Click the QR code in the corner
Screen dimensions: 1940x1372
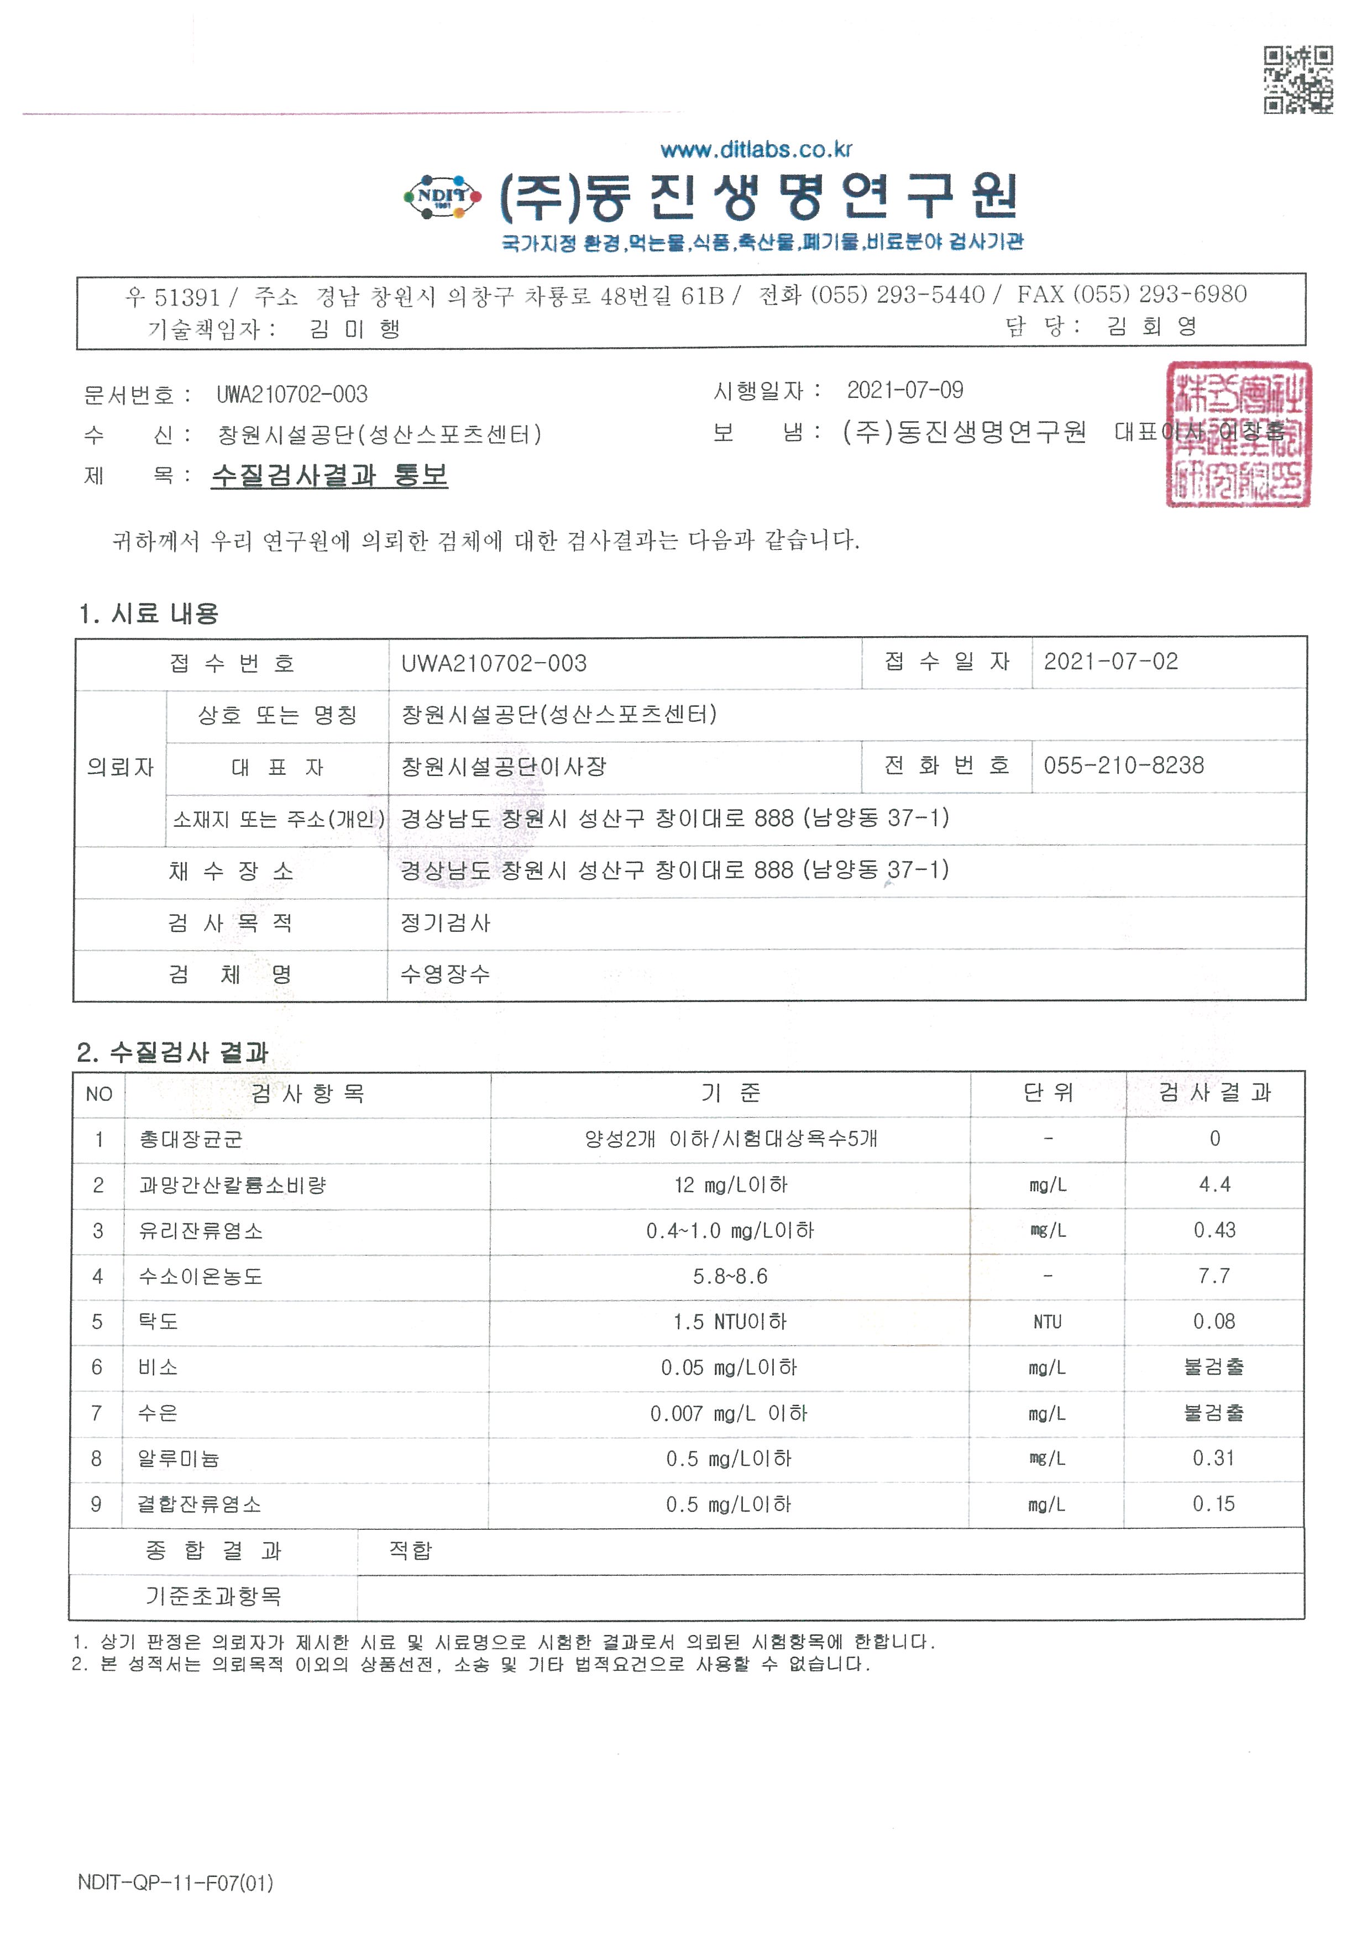tap(1298, 80)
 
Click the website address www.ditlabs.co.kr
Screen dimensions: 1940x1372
tap(756, 150)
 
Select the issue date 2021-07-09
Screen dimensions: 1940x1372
tap(905, 390)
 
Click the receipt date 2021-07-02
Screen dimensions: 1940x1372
tap(1110, 662)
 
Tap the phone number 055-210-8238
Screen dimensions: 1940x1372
tap(1124, 765)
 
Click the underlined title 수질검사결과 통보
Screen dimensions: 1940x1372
tap(329, 476)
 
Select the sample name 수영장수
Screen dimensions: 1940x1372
tap(445, 974)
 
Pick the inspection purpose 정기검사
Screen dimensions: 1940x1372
tap(445, 922)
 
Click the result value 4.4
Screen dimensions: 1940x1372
tap(1214, 1184)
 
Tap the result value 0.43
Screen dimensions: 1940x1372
tap(1214, 1230)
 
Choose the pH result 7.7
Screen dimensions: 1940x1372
tap(1214, 1276)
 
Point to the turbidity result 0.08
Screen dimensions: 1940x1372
tap(1214, 1322)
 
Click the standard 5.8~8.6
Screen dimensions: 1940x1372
tap(730, 1276)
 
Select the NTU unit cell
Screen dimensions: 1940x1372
tap(1047, 1322)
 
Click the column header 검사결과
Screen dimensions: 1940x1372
tap(1214, 1093)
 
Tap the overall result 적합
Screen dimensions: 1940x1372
tap(411, 1550)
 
